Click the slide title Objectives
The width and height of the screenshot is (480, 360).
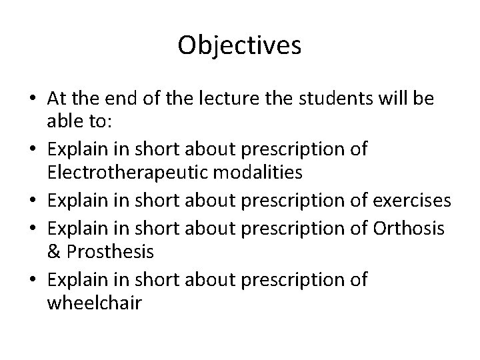point(240,46)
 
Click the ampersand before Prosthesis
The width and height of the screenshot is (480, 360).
point(54,252)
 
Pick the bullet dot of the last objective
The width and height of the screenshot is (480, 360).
point(32,281)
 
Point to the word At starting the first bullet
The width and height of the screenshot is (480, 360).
point(58,99)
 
